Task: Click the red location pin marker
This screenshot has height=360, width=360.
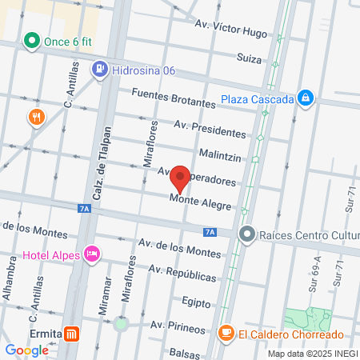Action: point(180,179)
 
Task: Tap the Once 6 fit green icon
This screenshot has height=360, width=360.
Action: point(32,40)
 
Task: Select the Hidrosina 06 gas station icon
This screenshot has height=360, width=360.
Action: point(100,70)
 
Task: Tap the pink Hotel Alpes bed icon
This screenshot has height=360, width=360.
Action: point(91,254)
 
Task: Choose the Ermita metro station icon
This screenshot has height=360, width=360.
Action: point(73,334)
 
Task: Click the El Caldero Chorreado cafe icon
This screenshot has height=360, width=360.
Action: point(226,333)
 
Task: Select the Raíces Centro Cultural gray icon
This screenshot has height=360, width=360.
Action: point(247,234)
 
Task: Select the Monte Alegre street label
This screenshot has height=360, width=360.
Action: point(201,202)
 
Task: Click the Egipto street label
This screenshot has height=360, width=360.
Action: point(196,302)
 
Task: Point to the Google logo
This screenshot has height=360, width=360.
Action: point(26,350)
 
